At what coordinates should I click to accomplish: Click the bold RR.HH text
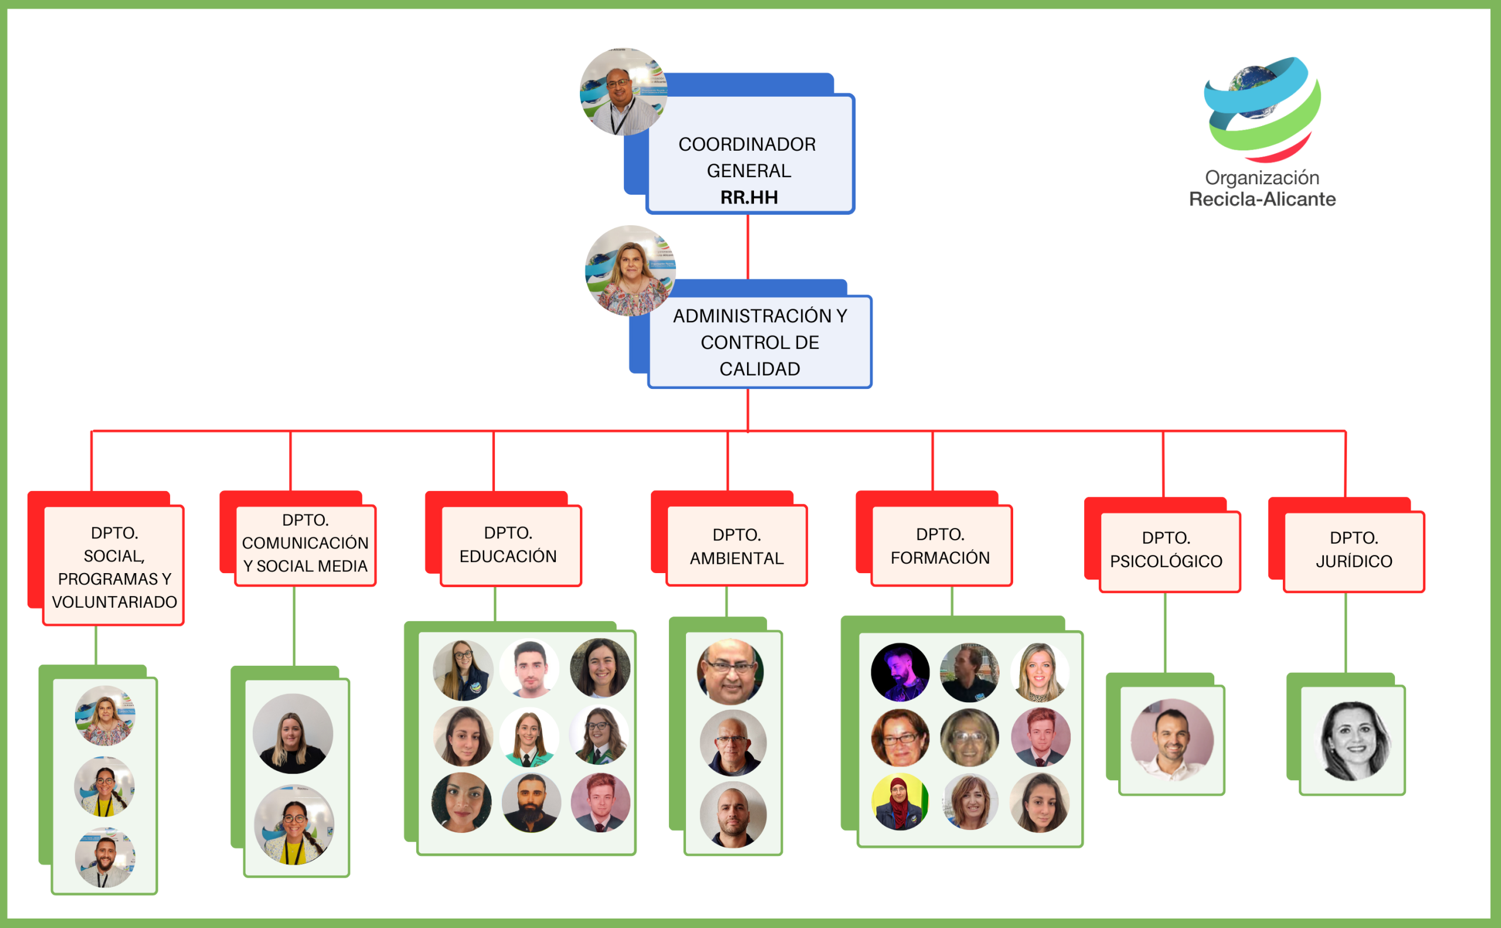[749, 198]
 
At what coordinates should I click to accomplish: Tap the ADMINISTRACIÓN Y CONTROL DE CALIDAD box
[759, 342]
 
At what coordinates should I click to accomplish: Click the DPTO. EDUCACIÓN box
[510, 545]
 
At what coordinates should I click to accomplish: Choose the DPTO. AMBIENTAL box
[736, 546]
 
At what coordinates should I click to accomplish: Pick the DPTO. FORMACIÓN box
[940, 546]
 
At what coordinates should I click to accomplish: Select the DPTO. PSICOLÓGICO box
[1169, 551]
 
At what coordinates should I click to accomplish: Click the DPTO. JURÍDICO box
[1353, 551]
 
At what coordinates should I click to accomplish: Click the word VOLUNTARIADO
[114, 602]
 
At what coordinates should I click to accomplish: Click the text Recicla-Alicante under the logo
[1262, 199]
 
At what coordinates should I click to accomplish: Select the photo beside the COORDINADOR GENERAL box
[623, 92]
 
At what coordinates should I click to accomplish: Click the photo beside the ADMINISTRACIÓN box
[630, 270]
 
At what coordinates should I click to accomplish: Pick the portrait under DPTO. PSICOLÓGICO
[1171, 740]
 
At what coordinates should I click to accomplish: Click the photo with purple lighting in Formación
[900, 672]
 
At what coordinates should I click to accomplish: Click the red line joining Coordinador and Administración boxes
[748, 246]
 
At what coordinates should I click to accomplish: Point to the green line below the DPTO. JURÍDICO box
[1345, 632]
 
